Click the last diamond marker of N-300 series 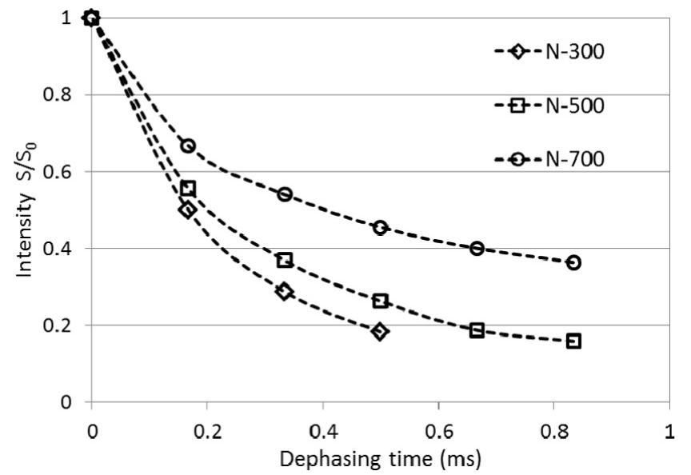click(x=380, y=331)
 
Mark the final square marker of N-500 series click(x=573, y=341)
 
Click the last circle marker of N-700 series click(x=573, y=262)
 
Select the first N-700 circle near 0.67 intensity click(x=188, y=146)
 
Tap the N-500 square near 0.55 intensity click(x=188, y=189)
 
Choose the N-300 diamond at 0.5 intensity click(x=188, y=210)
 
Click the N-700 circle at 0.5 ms click(x=380, y=227)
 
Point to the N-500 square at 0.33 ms click(x=284, y=260)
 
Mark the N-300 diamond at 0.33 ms click(x=284, y=291)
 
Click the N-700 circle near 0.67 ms click(x=477, y=248)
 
